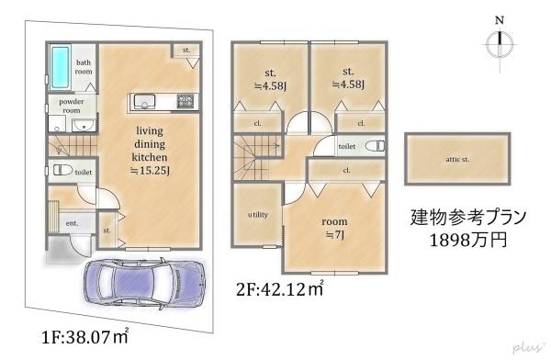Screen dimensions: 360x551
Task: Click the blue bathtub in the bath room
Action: tap(59, 64)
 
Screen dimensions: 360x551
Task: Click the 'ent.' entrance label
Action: tap(71, 223)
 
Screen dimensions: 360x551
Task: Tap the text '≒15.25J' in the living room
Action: tap(151, 171)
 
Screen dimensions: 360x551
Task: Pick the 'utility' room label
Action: tap(257, 215)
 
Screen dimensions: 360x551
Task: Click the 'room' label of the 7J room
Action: tap(335, 222)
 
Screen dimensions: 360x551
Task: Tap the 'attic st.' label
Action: tap(457, 160)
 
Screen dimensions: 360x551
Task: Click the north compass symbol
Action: tap(499, 43)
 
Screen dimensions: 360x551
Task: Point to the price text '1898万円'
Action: tap(468, 241)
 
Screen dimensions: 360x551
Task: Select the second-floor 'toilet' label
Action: tap(346, 146)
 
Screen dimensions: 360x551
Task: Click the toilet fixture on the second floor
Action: tap(376, 146)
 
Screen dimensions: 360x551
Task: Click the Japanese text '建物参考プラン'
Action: tap(468, 218)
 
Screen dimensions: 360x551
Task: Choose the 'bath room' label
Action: tap(84, 65)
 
